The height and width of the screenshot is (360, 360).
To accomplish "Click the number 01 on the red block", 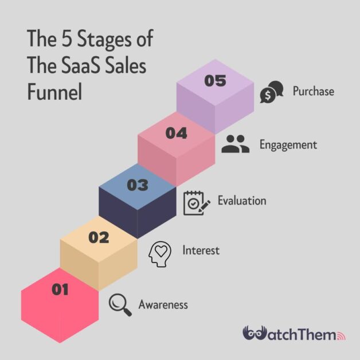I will [60, 290].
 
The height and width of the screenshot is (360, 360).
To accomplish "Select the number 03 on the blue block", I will [138, 185].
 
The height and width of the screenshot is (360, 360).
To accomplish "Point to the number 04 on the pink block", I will [177, 133].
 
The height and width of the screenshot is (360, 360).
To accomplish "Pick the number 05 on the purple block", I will [216, 81].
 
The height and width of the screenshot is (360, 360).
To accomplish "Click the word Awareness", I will [163, 304].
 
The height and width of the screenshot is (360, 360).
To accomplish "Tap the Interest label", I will [201, 251].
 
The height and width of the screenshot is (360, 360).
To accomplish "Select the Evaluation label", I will [242, 201].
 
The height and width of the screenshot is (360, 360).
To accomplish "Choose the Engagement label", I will [288, 144].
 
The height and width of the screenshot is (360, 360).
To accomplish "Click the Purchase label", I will [313, 91].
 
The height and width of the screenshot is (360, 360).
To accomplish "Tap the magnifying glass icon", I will [119, 302].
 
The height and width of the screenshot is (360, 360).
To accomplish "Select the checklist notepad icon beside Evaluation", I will [193, 203].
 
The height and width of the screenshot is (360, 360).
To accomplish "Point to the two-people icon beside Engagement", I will [236, 144].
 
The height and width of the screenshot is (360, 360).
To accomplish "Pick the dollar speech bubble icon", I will [271, 92].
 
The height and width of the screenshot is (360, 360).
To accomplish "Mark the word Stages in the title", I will [105, 41].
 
